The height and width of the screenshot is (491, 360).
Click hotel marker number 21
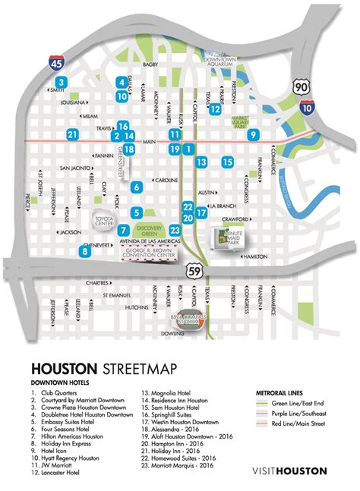[72, 135]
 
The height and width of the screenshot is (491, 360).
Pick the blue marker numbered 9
[253, 135]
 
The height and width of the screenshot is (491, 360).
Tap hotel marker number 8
[84, 251]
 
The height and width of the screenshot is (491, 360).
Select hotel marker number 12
[215, 109]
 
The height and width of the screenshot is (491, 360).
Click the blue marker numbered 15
[226, 161]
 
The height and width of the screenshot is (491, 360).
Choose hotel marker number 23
[175, 230]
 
